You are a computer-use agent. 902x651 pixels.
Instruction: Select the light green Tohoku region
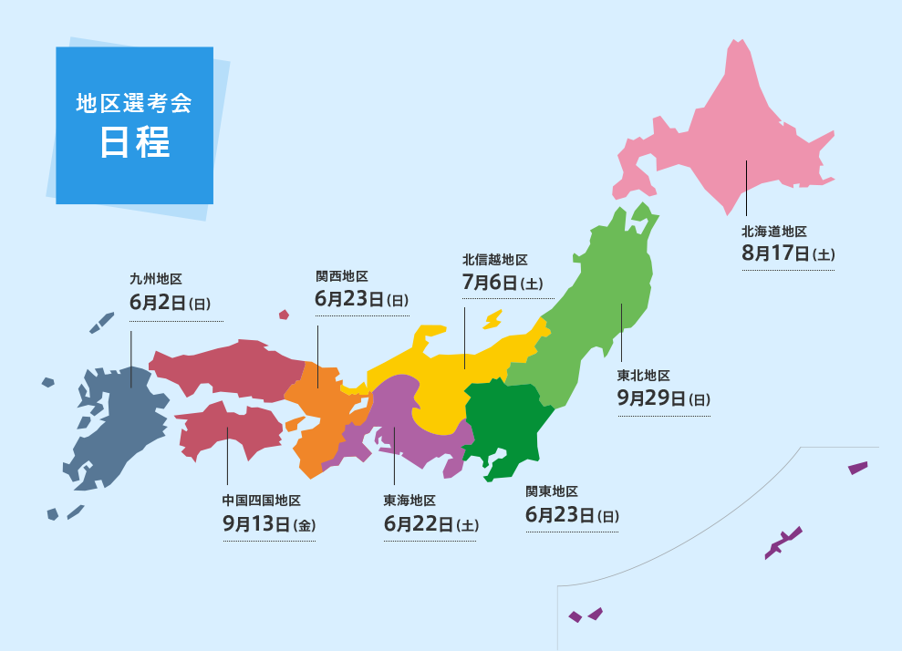602,301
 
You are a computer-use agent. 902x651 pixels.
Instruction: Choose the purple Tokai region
401,429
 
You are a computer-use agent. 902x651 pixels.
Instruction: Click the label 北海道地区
774,232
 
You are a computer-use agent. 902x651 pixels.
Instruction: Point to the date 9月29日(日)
663,398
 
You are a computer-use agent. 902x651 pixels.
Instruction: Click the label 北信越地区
495,260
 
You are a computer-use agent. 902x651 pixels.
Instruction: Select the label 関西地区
342,275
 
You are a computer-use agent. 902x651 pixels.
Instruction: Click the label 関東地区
552,492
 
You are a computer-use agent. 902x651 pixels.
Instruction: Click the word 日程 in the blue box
134,143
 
